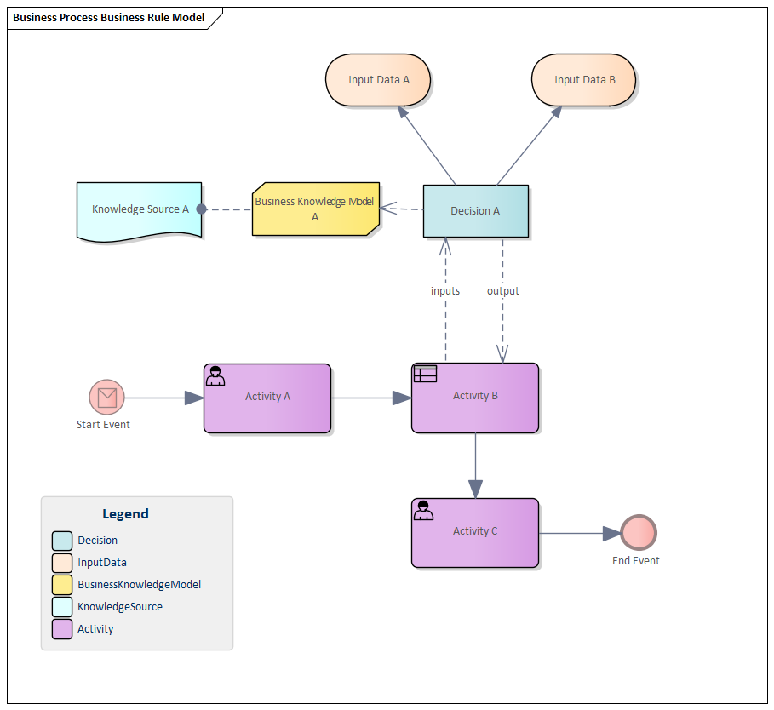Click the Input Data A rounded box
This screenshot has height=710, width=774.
pyautogui.click(x=378, y=80)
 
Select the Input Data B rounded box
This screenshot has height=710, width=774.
pyautogui.click(x=584, y=80)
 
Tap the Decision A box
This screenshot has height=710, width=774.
pyautogui.click(x=475, y=210)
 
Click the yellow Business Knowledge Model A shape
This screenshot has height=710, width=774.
pyautogui.click(x=316, y=209)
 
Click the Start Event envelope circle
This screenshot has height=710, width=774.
pyautogui.click(x=106, y=397)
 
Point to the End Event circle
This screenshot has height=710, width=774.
pyautogui.click(x=639, y=533)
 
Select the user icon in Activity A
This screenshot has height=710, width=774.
pyautogui.click(x=215, y=375)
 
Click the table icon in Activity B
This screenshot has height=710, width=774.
pyautogui.click(x=424, y=374)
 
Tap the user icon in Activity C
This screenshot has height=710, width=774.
pyautogui.click(x=423, y=510)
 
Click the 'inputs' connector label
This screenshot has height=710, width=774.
pyautogui.click(x=444, y=291)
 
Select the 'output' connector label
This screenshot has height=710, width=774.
pyautogui.click(x=502, y=291)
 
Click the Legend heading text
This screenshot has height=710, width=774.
pyautogui.click(x=125, y=514)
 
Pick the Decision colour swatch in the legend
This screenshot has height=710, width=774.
pyautogui.click(x=62, y=541)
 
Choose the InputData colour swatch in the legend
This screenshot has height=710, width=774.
pyautogui.click(x=62, y=563)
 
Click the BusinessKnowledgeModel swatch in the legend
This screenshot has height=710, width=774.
pyautogui.click(x=62, y=585)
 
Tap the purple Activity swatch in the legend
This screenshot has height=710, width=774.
pyautogui.click(x=62, y=629)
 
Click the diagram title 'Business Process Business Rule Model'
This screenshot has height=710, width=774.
pyautogui.click(x=108, y=18)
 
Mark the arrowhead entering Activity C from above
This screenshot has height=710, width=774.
pyautogui.click(x=475, y=489)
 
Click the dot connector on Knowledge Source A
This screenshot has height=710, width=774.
pyautogui.click(x=201, y=209)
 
